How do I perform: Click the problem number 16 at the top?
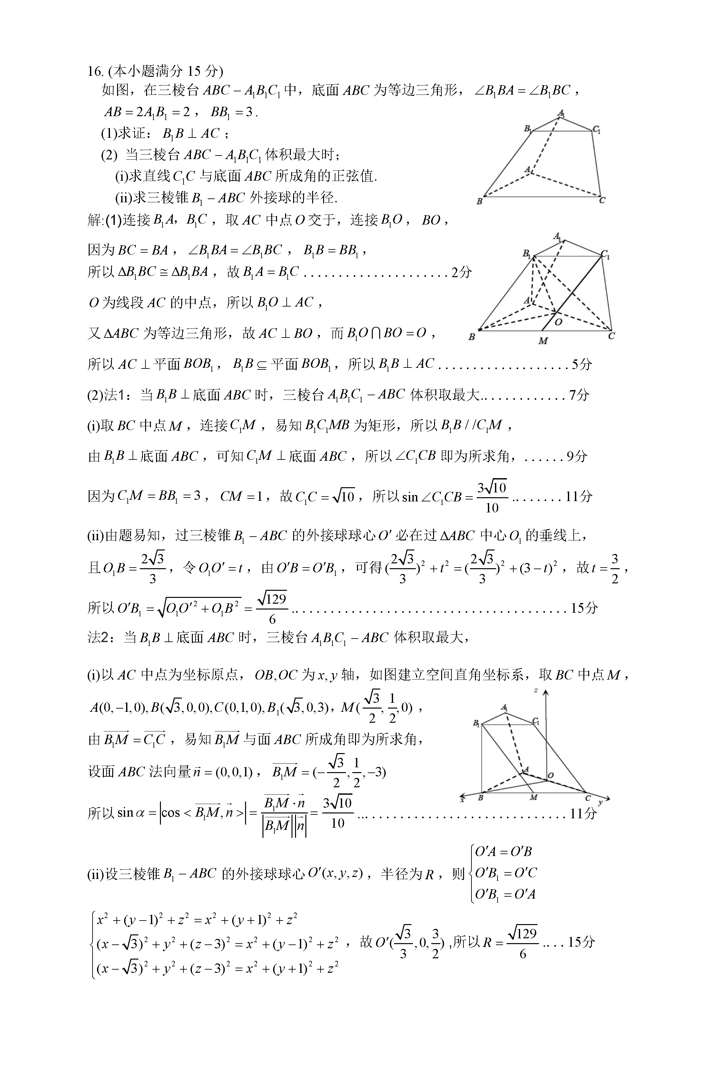[x=94, y=71]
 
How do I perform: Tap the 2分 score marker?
[x=461, y=273]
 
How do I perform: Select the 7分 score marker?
[x=579, y=395]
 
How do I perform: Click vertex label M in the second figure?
[x=543, y=341]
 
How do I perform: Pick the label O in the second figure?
[x=559, y=322]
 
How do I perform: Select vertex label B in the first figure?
[x=480, y=201]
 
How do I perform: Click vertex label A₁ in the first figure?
[x=561, y=113]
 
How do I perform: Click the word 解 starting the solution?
[x=95, y=221]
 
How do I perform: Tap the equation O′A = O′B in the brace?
[x=503, y=851]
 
